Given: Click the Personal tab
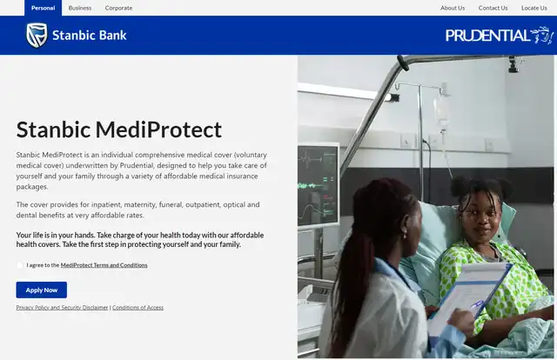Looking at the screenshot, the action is [43, 8].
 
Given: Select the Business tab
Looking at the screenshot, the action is [80, 8].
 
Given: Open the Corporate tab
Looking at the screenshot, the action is [118, 8].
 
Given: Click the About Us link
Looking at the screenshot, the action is [453, 8].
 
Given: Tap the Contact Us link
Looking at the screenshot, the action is [493, 8].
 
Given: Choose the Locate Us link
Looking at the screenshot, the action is [534, 8].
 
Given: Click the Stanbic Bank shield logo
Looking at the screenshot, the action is [37, 35].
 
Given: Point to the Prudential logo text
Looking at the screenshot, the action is [487, 36].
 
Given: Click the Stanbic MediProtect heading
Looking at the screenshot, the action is [119, 130].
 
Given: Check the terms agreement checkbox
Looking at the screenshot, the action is [19, 265].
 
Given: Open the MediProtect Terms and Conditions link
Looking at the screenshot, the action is [104, 265].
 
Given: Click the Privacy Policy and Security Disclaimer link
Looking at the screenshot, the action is [62, 308].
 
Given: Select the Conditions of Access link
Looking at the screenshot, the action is [138, 308].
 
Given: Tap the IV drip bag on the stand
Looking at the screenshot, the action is [441, 110].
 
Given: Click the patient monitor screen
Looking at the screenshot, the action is [318, 184].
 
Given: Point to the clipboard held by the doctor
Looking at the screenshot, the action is [470, 298].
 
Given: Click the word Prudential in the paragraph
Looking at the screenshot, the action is [137, 165].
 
